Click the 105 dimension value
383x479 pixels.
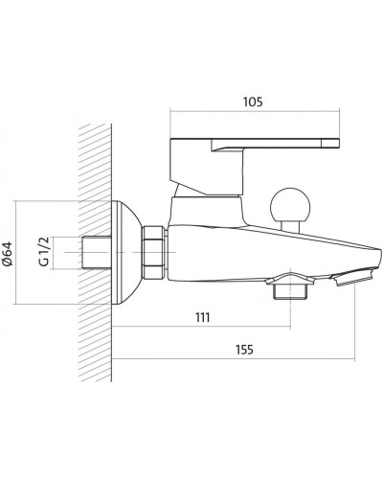tap(253, 102)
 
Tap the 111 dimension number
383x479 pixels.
tap(202, 317)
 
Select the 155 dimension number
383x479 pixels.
tap(244, 350)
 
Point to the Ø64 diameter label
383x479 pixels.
tap(7, 254)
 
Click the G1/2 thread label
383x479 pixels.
tap(44, 252)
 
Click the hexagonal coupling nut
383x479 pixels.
tap(154, 252)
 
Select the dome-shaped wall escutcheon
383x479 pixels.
tap(127, 252)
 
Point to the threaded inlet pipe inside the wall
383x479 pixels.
tap(97, 252)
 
